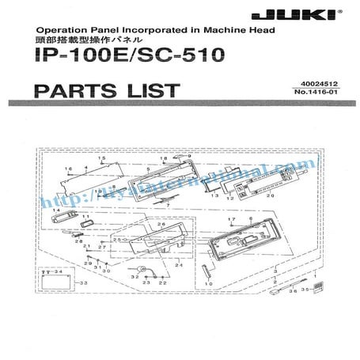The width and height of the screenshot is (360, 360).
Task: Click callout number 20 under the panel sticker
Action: pyautogui.click(x=270, y=194)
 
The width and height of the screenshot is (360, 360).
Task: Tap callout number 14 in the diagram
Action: pyautogui.click(x=56, y=209)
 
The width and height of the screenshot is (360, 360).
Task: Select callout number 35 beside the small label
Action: pyautogui.click(x=303, y=290)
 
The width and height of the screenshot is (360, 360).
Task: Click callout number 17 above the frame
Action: pyautogui.click(x=229, y=218)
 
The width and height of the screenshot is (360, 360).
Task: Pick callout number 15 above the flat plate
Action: pyautogui.click(x=102, y=159)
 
